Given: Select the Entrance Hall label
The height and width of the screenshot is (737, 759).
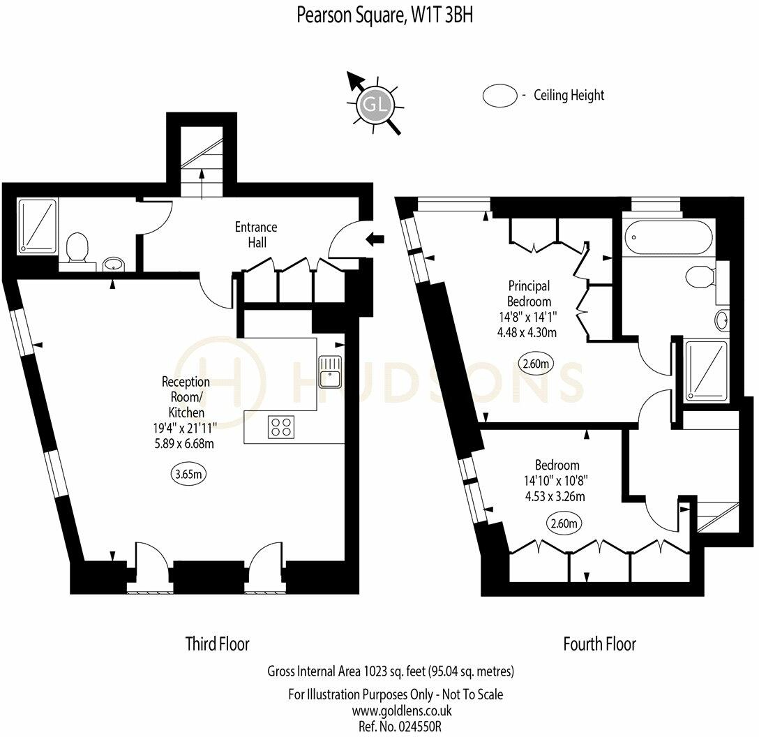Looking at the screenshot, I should point(255,234).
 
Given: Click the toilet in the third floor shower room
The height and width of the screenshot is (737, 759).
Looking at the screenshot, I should point(76,248).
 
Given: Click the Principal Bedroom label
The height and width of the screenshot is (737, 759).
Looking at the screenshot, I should point(529,294).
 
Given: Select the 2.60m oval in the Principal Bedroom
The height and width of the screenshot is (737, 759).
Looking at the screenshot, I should point(536,364).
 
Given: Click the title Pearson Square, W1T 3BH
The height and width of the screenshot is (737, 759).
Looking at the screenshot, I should point(384,15).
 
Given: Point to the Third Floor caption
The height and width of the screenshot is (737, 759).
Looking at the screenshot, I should point(217,643).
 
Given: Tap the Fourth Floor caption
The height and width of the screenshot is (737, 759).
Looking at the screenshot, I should point(599,643).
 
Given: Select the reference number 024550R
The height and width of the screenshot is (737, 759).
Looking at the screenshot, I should point(414,727).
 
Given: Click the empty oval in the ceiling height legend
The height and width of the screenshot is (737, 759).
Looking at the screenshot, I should point(499,96).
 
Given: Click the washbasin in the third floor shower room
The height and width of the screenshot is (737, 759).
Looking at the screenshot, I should point(112,264).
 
